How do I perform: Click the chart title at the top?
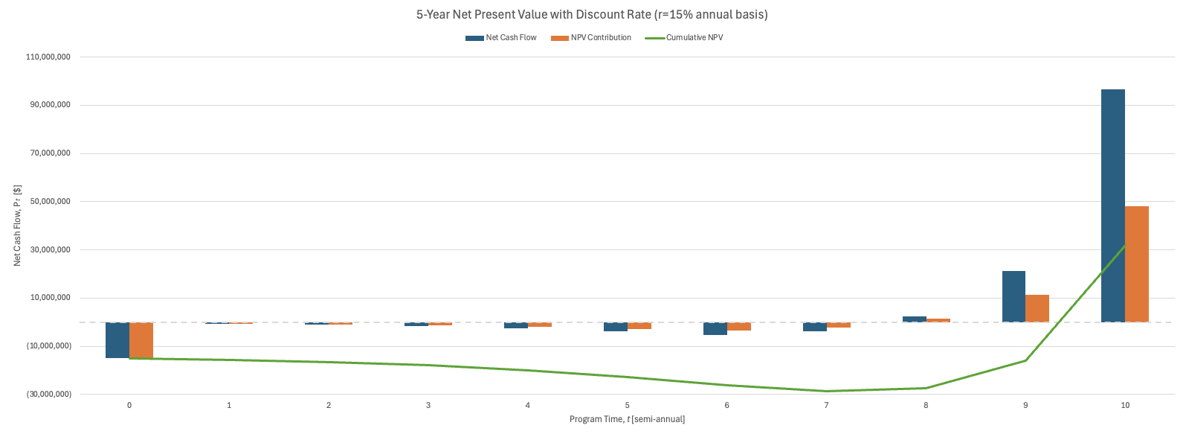tap(592, 14)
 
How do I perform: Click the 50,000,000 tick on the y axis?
tap(50, 202)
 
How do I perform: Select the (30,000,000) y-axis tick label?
tap(50, 395)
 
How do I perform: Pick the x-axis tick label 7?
tap(826, 406)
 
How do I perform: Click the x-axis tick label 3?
tap(428, 406)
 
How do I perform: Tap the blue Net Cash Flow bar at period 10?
tap(1112, 205)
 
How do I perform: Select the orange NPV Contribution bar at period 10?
tap(1136, 264)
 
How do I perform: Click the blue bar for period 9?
tap(1013, 296)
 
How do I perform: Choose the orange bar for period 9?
tap(1037, 308)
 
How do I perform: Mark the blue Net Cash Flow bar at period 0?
tap(117, 340)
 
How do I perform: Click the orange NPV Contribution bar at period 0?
tap(141, 340)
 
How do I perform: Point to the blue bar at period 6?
tap(715, 329)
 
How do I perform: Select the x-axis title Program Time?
tap(627, 420)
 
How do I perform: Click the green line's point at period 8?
tap(926, 388)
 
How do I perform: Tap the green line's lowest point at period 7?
tap(826, 391)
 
